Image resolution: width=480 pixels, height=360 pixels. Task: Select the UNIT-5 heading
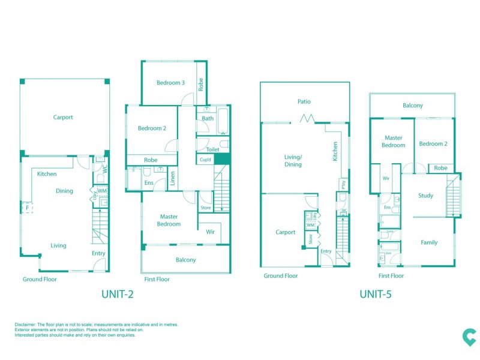[x=376, y=294]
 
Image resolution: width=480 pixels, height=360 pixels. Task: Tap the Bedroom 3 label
[x=170, y=83]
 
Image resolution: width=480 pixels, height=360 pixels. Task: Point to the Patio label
[x=304, y=102]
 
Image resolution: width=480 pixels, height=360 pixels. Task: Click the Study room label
[x=426, y=196]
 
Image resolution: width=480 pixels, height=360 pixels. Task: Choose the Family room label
[x=429, y=242]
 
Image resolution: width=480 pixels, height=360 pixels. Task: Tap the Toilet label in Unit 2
[x=212, y=149]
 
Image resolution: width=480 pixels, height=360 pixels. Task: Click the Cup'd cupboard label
[x=205, y=160]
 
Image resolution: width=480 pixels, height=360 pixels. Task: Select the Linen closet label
[x=172, y=179]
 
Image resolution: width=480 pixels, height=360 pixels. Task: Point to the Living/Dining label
[x=293, y=160]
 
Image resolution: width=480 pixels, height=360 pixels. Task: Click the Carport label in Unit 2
[x=63, y=118]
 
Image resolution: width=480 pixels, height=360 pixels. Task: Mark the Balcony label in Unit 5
[x=413, y=106]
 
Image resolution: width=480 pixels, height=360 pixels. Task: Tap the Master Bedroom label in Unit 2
[x=169, y=220]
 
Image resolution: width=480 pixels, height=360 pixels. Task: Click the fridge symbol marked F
[x=27, y=208]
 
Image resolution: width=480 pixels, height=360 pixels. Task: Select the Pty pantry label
[x=343, y=184]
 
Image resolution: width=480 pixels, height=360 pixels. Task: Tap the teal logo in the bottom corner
[x=469, y=337]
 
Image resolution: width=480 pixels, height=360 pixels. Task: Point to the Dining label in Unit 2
[x=64, y=191]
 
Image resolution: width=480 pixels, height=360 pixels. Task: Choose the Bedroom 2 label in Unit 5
[x=433, y=144]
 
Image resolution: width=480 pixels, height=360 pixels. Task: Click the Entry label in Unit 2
[x=98, y=253]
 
